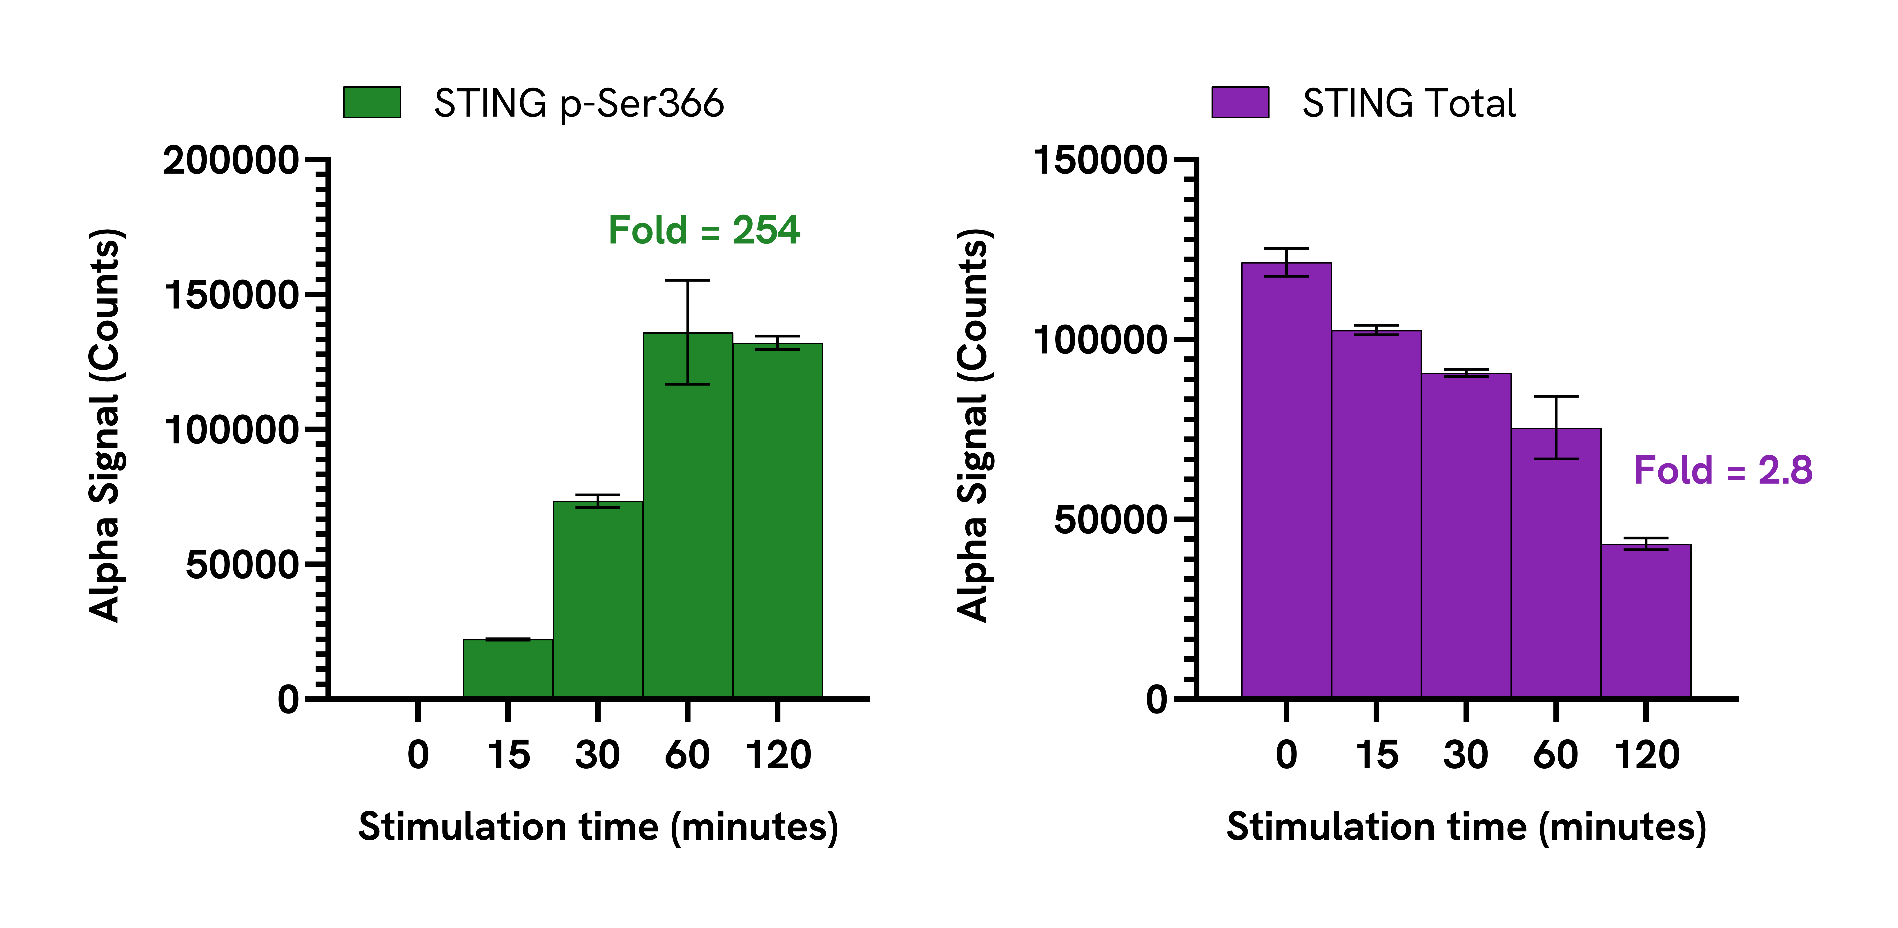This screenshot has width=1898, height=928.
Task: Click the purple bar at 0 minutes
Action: [1286, 480]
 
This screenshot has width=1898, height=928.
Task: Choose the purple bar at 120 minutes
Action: [1646, 621]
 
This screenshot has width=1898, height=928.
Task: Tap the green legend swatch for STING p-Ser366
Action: [372, 103]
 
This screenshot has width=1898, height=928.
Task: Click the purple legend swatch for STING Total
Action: [1241, 103]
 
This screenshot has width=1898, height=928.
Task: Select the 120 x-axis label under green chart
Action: [778, 755]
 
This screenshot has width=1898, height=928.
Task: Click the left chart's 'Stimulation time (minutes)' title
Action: [598, 827]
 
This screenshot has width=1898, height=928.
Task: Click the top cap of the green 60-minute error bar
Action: [687, 280]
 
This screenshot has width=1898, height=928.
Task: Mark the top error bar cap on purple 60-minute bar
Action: [1556, 397]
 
